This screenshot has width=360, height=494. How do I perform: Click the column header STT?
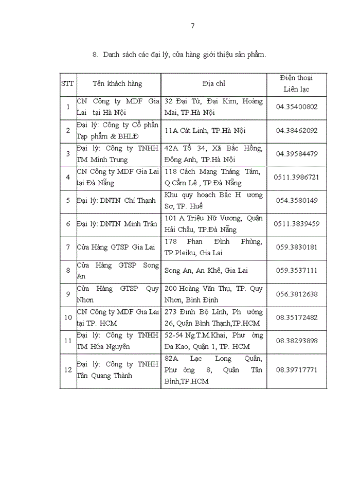coord(67,83)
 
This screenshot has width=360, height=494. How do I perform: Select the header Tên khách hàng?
coord(117,83)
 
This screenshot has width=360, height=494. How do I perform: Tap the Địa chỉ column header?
coord(213,83)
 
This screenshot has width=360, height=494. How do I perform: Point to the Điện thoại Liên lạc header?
coord(296,83)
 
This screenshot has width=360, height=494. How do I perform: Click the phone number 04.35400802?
coord(297,107)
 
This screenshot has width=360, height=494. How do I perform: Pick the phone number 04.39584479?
coord(297,154)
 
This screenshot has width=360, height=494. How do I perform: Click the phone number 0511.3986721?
coord(297,177)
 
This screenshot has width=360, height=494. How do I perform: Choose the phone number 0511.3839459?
coord(297,224)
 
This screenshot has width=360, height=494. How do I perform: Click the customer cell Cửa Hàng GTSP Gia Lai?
coord(116,247)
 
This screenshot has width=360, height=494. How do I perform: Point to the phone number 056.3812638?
coord(297,294)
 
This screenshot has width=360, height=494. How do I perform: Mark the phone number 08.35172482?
coord(297,317)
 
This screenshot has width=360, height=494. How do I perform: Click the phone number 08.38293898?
coord(297,341)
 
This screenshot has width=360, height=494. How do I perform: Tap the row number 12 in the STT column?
coord(67,370)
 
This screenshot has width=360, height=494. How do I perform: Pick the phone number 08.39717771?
coord(297,370)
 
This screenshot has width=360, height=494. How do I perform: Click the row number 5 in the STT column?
coord(67,200)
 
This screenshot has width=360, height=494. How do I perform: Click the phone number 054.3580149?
coord(297,200)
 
